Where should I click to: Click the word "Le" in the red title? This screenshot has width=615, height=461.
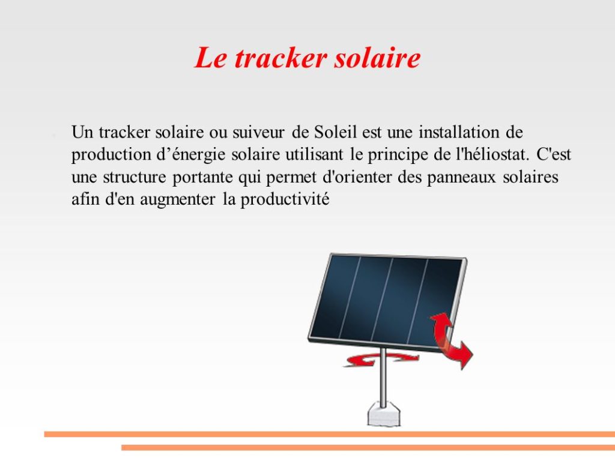[x=211, y=58]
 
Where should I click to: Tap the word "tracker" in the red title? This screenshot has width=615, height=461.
[x=280, y=58]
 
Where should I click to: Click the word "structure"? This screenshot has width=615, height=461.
[x=135, y=177]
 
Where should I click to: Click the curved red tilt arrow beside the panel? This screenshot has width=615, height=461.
[x=451, y=339]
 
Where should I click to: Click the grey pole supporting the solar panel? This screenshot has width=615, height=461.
[x=383, y=377]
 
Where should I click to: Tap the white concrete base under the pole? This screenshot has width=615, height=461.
[x=384, y=415]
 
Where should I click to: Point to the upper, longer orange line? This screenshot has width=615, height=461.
[x=330, y=434]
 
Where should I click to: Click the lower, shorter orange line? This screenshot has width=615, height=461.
[x=368, y=447]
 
